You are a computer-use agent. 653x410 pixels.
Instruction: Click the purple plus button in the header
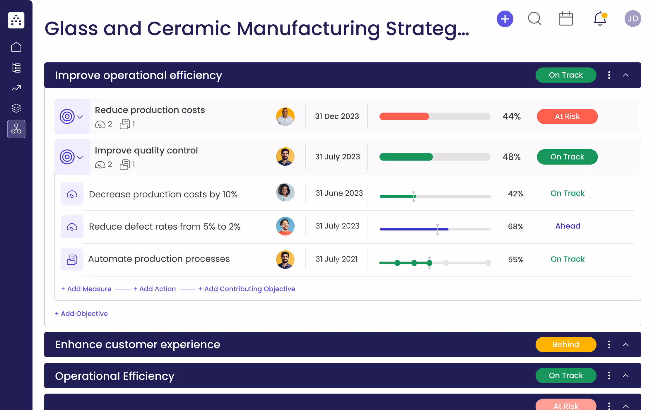pyautogui.click(x=505, y=19)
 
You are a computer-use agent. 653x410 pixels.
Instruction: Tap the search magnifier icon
pyautogui.click(x=534, y=19)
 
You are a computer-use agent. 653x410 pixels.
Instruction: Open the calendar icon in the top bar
pyautogui.click(x=565, y=19)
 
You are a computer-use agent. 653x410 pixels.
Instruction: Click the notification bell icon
pyautogui.click(x=600, y=19)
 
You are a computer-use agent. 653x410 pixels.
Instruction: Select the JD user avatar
pyautogui.click(x=633, y=19)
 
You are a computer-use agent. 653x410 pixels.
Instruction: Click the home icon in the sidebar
pyautogui.click(x=16, y=47)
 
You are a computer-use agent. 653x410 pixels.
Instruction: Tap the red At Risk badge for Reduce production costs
pyautogui.click(x=567, y=117)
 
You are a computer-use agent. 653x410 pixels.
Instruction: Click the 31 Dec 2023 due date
pyautogui.click(x=337, y=117)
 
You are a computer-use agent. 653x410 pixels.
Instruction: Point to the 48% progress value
pyautogui.click(x=511, y=157)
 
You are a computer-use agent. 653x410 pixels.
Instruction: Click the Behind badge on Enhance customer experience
pyautogui.click(x=565, y=344)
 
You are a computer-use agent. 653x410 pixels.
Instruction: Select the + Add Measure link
pyautogui.click(x=86, y=289)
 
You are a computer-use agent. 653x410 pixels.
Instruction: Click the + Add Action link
pyautogui.click(x=155, y=289)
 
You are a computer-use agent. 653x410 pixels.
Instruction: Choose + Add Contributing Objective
pyautogui.click(x=247, y=289)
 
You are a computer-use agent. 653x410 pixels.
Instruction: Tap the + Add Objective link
pyautogui.click(x=81, y=314)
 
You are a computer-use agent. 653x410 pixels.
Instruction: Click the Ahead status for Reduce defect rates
pyautogui.click(x=567, y=226)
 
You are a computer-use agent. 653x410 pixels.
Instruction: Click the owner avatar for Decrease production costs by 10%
pyautogui.click(x=285, y=192)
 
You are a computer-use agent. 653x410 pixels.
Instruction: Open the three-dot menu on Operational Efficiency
pyautogui.click(x=609, y=375)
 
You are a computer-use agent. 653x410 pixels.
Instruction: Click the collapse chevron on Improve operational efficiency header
pyautogui.click(x=625, y=75)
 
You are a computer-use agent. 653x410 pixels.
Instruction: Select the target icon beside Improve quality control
pyautogui.click(x=67, y=157)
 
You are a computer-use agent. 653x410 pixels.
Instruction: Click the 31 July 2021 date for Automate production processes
pyautogui.click(x=336, y=259)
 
